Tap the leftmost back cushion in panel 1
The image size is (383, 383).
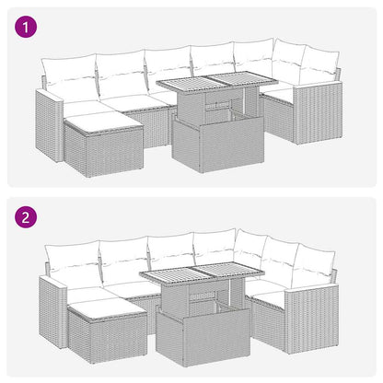tap(70, 75)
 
